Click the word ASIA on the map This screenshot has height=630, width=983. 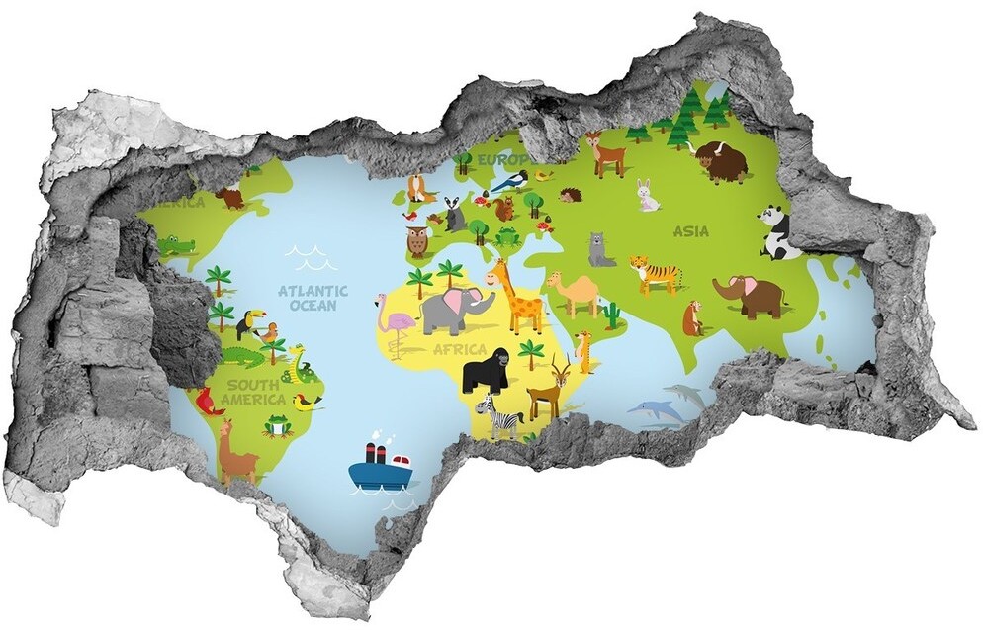pos(690,231)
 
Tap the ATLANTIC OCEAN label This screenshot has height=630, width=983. pos(313,298)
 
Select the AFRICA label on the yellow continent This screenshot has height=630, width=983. pos(460,349)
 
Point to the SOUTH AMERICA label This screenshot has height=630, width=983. pos(254,392)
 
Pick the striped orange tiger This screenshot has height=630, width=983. pos(656,273)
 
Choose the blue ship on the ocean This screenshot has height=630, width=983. pos(380,469)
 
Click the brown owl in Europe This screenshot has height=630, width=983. pos(416,240)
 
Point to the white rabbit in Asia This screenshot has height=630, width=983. pos(647,195)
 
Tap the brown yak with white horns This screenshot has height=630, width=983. pos(721,160)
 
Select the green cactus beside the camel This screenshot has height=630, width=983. pos(613,315)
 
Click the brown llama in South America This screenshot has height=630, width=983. pos(234,452)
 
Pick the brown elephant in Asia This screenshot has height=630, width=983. pos(751,295)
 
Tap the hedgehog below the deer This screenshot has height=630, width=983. pos(571,196)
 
